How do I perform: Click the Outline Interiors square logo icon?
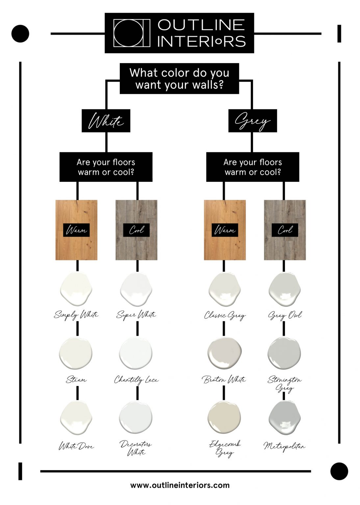[132, 33]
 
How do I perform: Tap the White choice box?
[106, 121]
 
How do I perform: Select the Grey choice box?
[253, 121]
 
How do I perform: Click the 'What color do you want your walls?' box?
[179, 79]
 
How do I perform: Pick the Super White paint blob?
[136, 289]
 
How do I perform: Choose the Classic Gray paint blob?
[224, 289]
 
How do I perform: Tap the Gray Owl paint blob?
[285, 289]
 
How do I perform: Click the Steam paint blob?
[76, 353]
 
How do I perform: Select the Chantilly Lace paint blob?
[136, 353]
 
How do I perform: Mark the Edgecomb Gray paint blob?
[224, 417]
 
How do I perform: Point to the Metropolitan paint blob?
[285, 418]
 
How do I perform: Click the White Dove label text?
[76, 446]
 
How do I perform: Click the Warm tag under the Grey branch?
[225, 230]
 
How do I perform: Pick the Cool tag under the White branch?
[136, 230]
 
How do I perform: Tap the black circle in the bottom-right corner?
[339, 471]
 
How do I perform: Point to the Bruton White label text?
[224, 380]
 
